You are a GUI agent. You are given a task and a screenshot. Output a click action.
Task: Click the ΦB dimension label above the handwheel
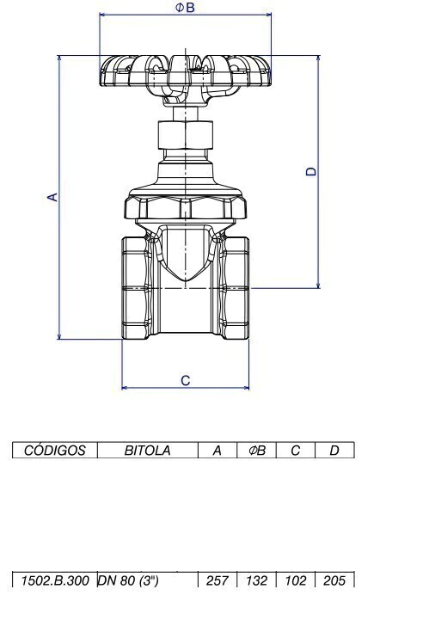pos(185,8)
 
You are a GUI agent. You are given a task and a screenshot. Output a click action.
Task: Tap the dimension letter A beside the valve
pos(52,197)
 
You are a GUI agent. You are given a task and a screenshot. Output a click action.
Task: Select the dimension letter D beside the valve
pos(312,171)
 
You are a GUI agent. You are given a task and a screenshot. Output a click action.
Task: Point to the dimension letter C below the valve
pos(186,380)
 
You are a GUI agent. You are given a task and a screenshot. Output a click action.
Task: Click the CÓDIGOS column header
pos(54,451)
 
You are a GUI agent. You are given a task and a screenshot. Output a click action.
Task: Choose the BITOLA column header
pos(148,451)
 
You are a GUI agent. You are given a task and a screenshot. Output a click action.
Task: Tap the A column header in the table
pos(217,451)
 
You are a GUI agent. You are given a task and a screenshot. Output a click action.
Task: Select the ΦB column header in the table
pos(257,451)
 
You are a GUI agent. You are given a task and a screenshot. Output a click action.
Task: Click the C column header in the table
pos(296,451)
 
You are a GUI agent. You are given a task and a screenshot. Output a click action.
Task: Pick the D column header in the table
pos(334,451)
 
